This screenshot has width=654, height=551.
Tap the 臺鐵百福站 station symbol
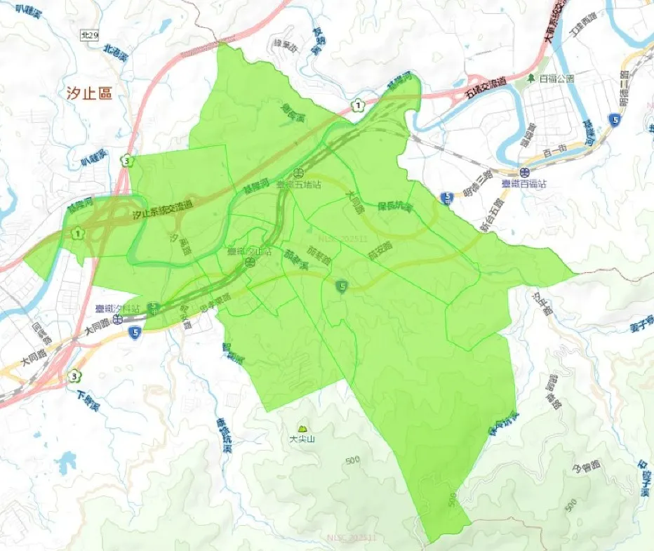(524, 172)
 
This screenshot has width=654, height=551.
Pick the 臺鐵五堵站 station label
(299, 185)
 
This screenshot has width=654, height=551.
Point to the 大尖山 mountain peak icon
(303, 428)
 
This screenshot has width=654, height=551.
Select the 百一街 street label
(554, 152)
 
